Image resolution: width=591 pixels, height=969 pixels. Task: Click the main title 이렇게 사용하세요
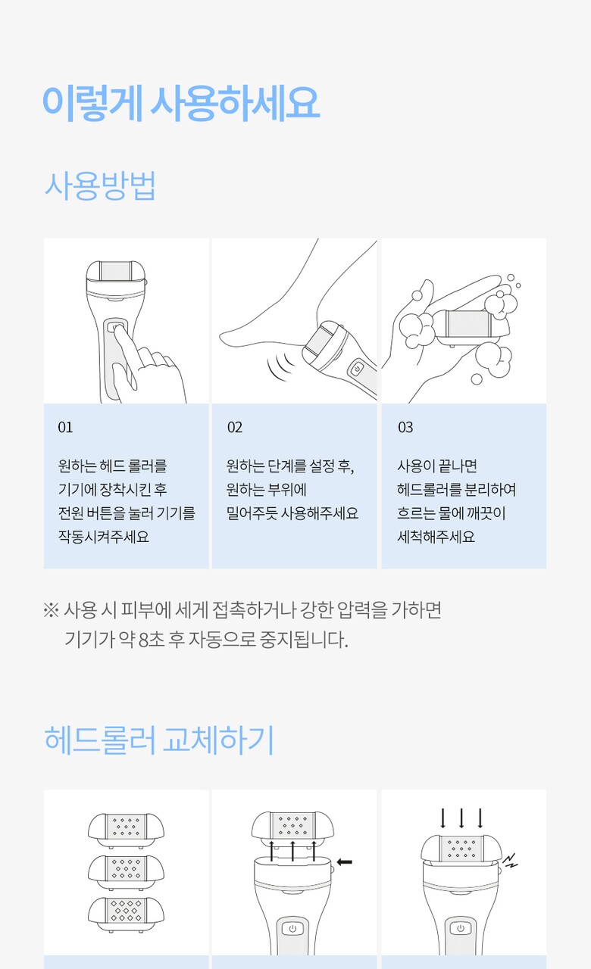click(x=181, y=103)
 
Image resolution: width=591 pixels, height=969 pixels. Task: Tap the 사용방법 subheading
click(x=100, y=185)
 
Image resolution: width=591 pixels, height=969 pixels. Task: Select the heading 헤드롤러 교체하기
click(x=159, y=740)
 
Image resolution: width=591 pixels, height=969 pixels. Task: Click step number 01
click(x=65, y=428)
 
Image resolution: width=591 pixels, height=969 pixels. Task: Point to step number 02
click(x=235, y=428)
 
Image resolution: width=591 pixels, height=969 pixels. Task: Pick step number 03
click(x=405, y=428)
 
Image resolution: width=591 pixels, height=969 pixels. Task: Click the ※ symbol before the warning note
click(x=51, y=610)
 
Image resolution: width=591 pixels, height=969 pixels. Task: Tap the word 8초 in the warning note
click(x=152, y=640)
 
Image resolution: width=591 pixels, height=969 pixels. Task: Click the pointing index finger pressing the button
click(x=125, y=346)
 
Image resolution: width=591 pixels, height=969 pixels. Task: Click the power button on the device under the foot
click(x=357, y=369)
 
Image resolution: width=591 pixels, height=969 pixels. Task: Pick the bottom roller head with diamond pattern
click(x=126, y=914)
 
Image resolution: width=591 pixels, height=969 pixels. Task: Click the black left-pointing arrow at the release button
click(x=344, y=862)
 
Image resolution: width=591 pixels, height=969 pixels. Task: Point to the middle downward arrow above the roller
click(x=461, y=818)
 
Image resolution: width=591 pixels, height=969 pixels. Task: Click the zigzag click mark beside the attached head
click(x=510, y=861)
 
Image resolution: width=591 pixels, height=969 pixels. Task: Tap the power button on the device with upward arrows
click(x=292, y=928)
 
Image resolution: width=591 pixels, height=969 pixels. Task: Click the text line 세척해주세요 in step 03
click(x=436, y=537)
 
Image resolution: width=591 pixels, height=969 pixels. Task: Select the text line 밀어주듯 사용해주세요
click(x=292, y=513)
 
